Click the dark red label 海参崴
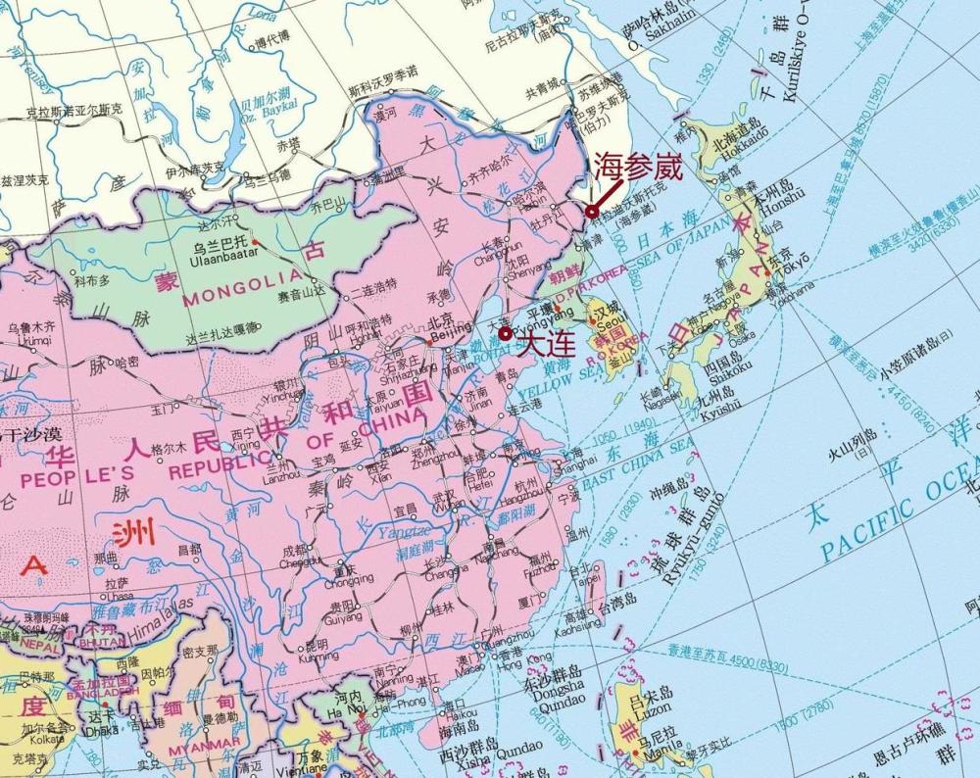point(638,167)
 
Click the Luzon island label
point(661,707)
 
